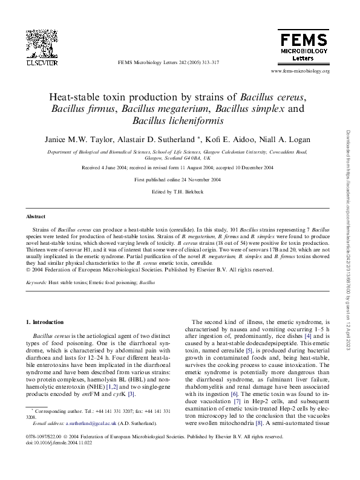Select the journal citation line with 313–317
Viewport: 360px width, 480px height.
168,62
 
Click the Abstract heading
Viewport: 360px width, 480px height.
36,216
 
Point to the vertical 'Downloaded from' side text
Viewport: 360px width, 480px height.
348,242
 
